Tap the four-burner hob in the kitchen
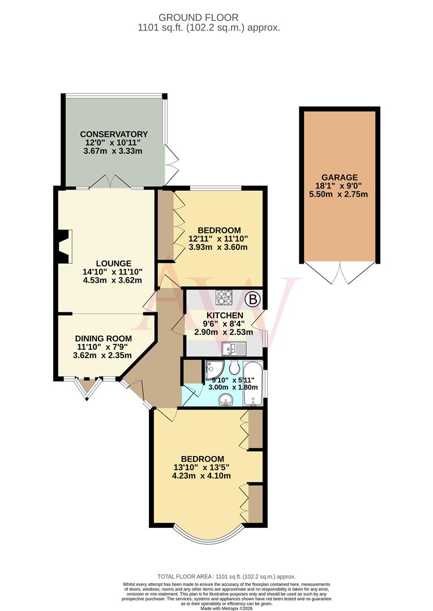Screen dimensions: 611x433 224,298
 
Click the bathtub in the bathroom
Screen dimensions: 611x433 253,384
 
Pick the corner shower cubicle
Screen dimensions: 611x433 215,369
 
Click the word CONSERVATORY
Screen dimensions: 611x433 113,134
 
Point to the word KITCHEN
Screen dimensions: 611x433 225,315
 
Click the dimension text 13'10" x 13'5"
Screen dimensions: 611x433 203,467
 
